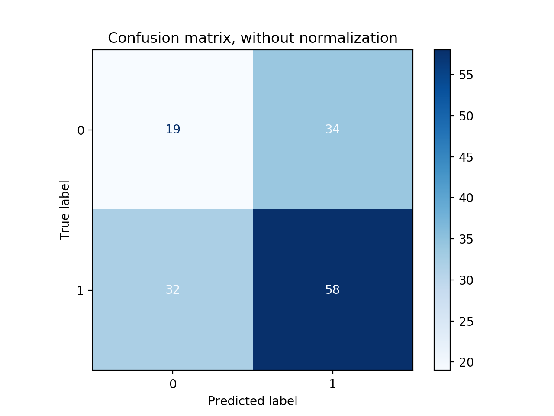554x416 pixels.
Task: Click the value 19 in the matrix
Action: pos(173,130)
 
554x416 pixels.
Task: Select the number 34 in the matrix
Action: pos(332,130)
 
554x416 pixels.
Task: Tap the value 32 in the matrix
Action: pos(173,289)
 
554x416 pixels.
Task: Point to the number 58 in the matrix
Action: pos(332,289)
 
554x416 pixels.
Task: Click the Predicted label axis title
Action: pos(252,401)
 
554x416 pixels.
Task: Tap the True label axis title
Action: pos(65,210)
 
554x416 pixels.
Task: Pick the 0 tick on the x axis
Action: pos(173,384)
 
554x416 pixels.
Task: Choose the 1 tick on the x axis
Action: pos(332,384)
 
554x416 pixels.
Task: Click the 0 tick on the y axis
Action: pos(81,130)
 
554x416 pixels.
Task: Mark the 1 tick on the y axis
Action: pos(81,291)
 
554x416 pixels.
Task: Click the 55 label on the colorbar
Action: pos(466,75)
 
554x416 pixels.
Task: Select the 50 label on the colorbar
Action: pos(466,116)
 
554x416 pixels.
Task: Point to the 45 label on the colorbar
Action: pos(466,157)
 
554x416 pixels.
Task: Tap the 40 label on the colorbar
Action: pos(466,198)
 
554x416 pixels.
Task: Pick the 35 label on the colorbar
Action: pos(466,239)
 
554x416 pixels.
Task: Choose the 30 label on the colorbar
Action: pos(466,280)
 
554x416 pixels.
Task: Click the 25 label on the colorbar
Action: pos(466,322)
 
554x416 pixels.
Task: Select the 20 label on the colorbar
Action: pos(466,362)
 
